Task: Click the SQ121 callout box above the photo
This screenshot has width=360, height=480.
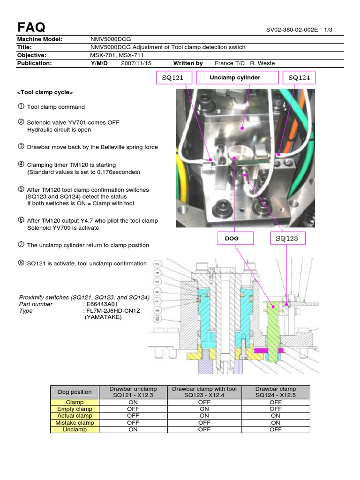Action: (x=172, y=78)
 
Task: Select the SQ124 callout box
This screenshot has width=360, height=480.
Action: (x=300, y=78)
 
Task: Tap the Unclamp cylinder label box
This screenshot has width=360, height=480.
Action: (x=237, y=78)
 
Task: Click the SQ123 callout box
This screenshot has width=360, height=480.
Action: (x=287, y=239)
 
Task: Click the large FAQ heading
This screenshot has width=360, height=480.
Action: (x=31, y=27)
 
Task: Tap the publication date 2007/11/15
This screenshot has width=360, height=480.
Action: (x=136, y=63)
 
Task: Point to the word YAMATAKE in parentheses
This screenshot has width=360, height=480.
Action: (x=103, y=317)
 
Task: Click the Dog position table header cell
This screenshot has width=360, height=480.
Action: (x=75, y=392)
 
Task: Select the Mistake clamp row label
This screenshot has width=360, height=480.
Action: (x=75, y=422)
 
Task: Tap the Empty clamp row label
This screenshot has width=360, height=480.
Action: (x=75, y=409)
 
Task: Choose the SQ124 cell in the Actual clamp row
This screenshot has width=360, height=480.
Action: (x=276, y=415)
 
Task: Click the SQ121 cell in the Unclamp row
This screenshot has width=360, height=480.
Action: (x=133, y=429)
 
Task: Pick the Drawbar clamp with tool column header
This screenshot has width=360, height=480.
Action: (x=204, y=392)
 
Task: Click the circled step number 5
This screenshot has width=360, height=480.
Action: (x=21, y=189)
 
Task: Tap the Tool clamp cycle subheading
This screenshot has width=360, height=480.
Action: (x=45, y=92)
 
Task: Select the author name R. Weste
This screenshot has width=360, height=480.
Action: (x=262, y=63)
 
